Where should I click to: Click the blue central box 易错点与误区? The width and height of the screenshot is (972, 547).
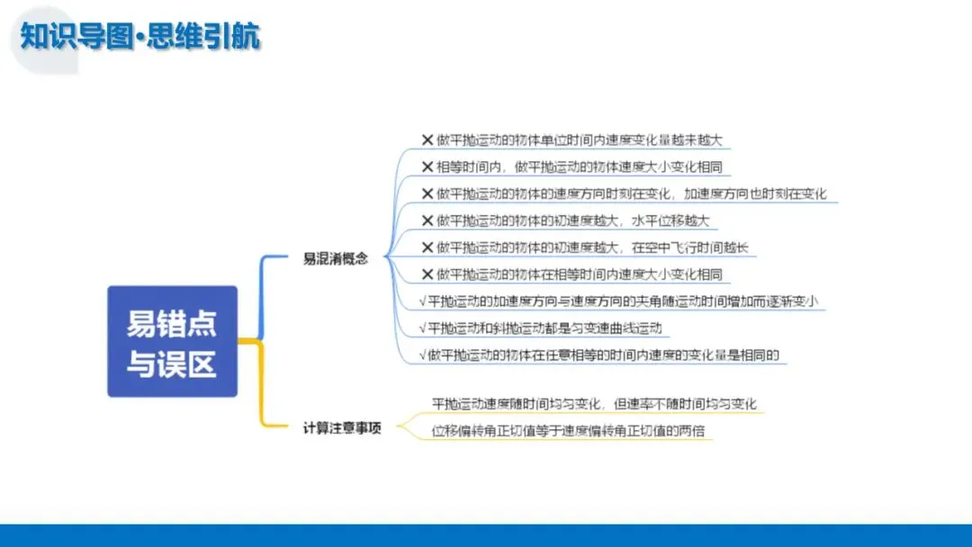coord(172,341)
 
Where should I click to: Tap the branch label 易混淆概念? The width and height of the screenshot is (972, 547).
coord(336,257)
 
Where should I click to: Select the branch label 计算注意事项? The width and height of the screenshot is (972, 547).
coord(342,428)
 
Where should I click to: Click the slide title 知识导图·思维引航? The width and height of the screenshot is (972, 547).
coord(140,37)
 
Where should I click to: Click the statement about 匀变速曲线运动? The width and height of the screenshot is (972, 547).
coord(544,327)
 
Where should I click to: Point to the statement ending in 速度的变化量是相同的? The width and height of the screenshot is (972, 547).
coord(603,354)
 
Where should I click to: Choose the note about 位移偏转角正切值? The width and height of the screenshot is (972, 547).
coord(572,430)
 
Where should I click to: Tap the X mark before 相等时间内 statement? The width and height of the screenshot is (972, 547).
coord(427,167)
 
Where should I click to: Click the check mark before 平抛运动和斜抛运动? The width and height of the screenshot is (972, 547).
coord(423,327)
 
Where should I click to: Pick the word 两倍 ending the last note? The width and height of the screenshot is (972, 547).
coord(697,430)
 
